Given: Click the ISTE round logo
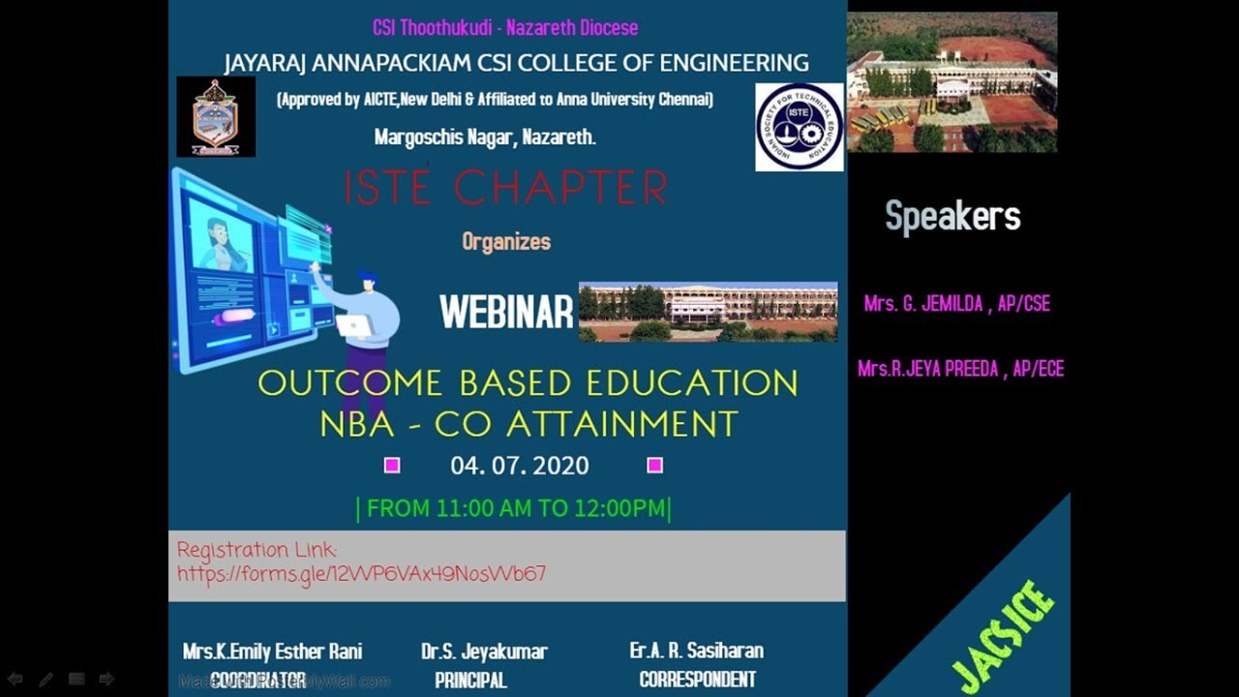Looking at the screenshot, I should click(799, 127).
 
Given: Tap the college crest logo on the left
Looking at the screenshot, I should click(216, 117).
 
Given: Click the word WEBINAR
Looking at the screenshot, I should click(506, 313).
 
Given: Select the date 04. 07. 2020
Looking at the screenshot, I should click(519, 466).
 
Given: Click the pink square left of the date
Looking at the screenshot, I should click(392, 466).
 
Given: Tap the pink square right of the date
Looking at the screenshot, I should click(654, 466).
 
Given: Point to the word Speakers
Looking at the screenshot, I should click(952, 217).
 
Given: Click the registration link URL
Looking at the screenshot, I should click(361, 573).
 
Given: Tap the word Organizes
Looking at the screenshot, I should click(506, 241).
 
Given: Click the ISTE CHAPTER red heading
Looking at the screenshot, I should click(505, 189).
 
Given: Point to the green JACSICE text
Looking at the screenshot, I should click(1003, 635).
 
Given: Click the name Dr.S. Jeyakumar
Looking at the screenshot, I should click(484, 652).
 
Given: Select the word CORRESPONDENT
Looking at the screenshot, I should click(697, 680).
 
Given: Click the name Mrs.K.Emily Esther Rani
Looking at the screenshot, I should click(272, 652).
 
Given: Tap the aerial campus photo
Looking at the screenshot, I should click(952, 82).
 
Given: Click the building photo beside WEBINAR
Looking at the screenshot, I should click(708, 312).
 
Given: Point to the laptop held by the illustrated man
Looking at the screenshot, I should click(355, 326).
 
